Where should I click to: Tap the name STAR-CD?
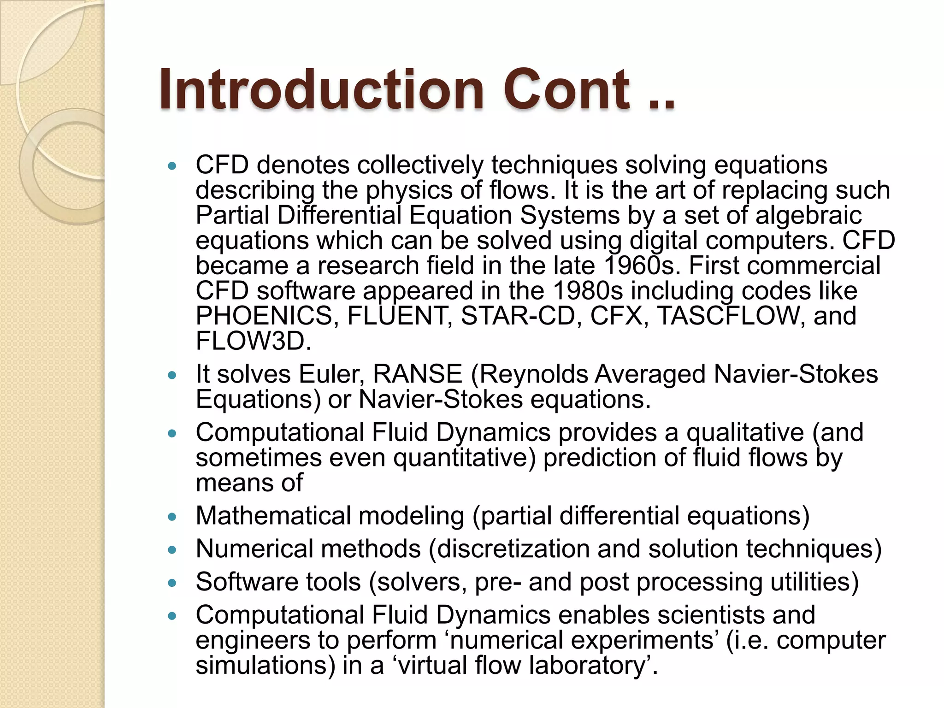click(519, 316)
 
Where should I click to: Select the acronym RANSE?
click(418, 374)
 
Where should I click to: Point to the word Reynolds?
click(534, 374)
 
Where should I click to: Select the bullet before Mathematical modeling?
click(172, 517)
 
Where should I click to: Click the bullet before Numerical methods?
click(172, 550)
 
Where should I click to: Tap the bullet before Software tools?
click(172, 583)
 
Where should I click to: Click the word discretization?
click(512, 549)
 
